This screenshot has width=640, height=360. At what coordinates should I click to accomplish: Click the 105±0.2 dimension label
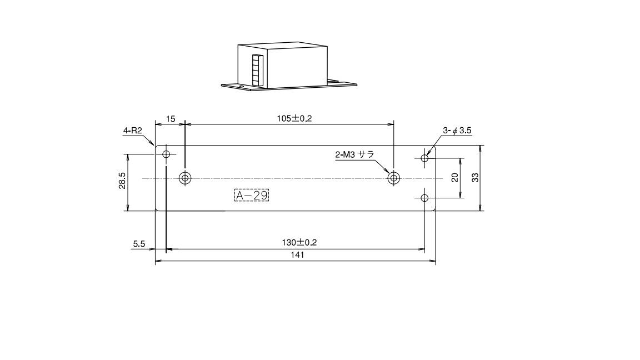pos(294,118)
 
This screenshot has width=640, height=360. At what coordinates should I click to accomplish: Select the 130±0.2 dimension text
pos(299,242)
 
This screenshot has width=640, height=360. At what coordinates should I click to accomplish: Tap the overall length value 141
pos(298,254)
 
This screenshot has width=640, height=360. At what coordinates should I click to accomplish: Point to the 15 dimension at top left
pos(171,119)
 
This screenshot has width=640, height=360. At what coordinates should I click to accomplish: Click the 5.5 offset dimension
pos(139,244)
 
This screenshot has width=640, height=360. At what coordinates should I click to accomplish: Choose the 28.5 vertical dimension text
pos(122,181)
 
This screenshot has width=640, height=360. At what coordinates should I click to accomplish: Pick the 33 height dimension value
pos(476,178)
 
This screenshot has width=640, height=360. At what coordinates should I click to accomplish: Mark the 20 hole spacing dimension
pos(455,178)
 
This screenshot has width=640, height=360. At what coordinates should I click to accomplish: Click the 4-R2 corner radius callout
pos(132,131)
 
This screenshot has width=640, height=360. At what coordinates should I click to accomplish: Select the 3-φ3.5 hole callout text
pos(457,131)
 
